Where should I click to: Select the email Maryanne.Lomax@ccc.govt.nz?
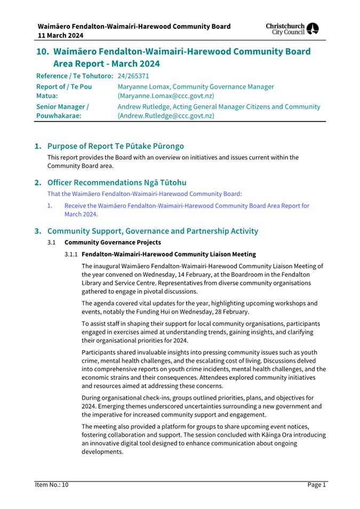166,96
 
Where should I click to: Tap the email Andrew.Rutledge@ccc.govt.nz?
166,116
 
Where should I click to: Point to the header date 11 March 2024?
60,35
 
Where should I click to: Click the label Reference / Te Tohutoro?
74,76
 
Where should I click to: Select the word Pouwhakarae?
59,116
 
